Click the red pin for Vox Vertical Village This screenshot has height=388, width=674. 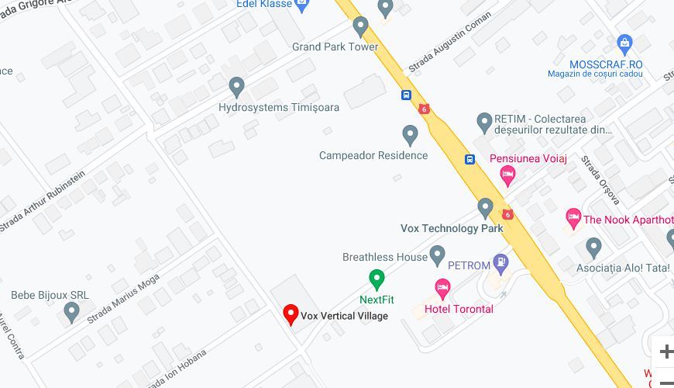click(x=291, y=314)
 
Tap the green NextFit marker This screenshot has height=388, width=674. click(x=377, y=279)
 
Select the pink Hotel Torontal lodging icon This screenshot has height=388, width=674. click(x=442, y=289)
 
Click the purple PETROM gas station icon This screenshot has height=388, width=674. click(x=502, y=265)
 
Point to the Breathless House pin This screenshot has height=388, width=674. click(x=438, y=255)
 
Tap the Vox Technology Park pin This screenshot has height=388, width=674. click(x=486, y=208)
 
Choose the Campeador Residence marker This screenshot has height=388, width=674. click(x=411, y=135)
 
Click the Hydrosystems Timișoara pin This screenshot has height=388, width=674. click(x=237, y=87)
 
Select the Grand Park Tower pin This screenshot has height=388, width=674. click(x=360, y=26)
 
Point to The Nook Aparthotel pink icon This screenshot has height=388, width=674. click(x=573, y=219)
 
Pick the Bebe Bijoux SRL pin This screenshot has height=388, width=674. click(x=72, y=313)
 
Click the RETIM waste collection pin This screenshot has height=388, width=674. click(x=484, y=122)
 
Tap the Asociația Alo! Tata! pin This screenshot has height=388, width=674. click(x=594, y=248)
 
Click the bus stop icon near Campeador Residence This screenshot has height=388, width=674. click(x=469, y=159)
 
